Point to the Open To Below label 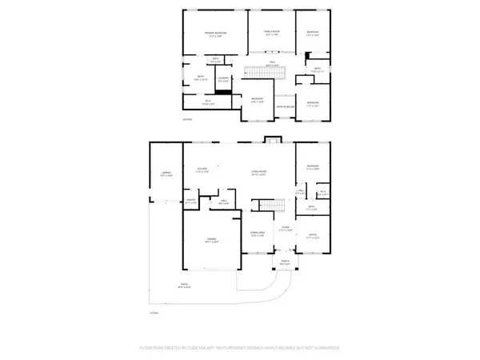point(284,106)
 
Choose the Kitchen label point(203,170)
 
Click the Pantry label point(191,202)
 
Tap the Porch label point(284,261)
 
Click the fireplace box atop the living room point(272,141)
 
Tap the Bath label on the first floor point(311,208)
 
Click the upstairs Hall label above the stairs point(271,63)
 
